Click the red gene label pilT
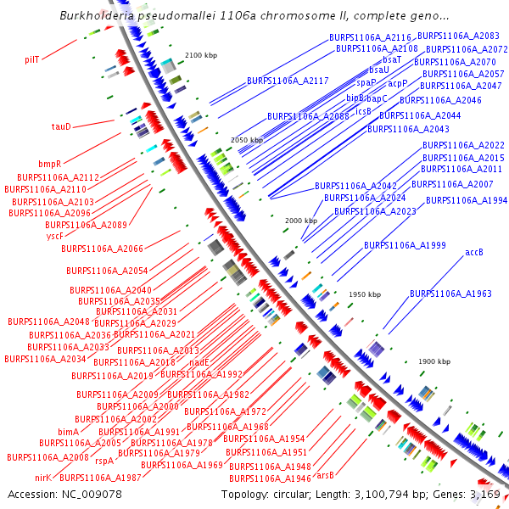tap(32, 59)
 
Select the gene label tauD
tap(61, 126)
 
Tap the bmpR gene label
tap(49, 163)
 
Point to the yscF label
tap(54, 236)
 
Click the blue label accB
tap(473, 252)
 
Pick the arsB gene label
tap(325, 475)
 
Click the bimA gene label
tap(68, 432)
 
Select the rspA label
tap(104, 461)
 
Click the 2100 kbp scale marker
tap(201, 55)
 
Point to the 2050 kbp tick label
tap(247, 140)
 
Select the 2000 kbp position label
tap(300, 221)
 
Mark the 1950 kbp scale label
tap(365, 294)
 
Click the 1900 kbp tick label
tap(433, 361)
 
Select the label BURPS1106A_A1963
tap(450, 294)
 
